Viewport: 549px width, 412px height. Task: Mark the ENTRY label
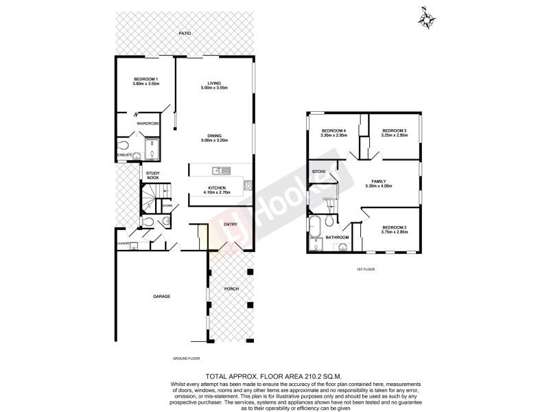pyautogui.click(x=230, y=225)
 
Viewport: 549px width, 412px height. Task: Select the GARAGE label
pyautogui.click(x=161, y=296)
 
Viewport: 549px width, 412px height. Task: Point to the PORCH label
pyautogui.click(x=231, y=288)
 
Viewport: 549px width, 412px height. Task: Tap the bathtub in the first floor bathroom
pyautogui.click(x=315, y=227)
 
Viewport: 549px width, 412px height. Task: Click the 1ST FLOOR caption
pyautogui.click(x=365, y=269)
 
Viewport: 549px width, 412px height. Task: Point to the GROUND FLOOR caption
pyautogui.click(x=186, y=358)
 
